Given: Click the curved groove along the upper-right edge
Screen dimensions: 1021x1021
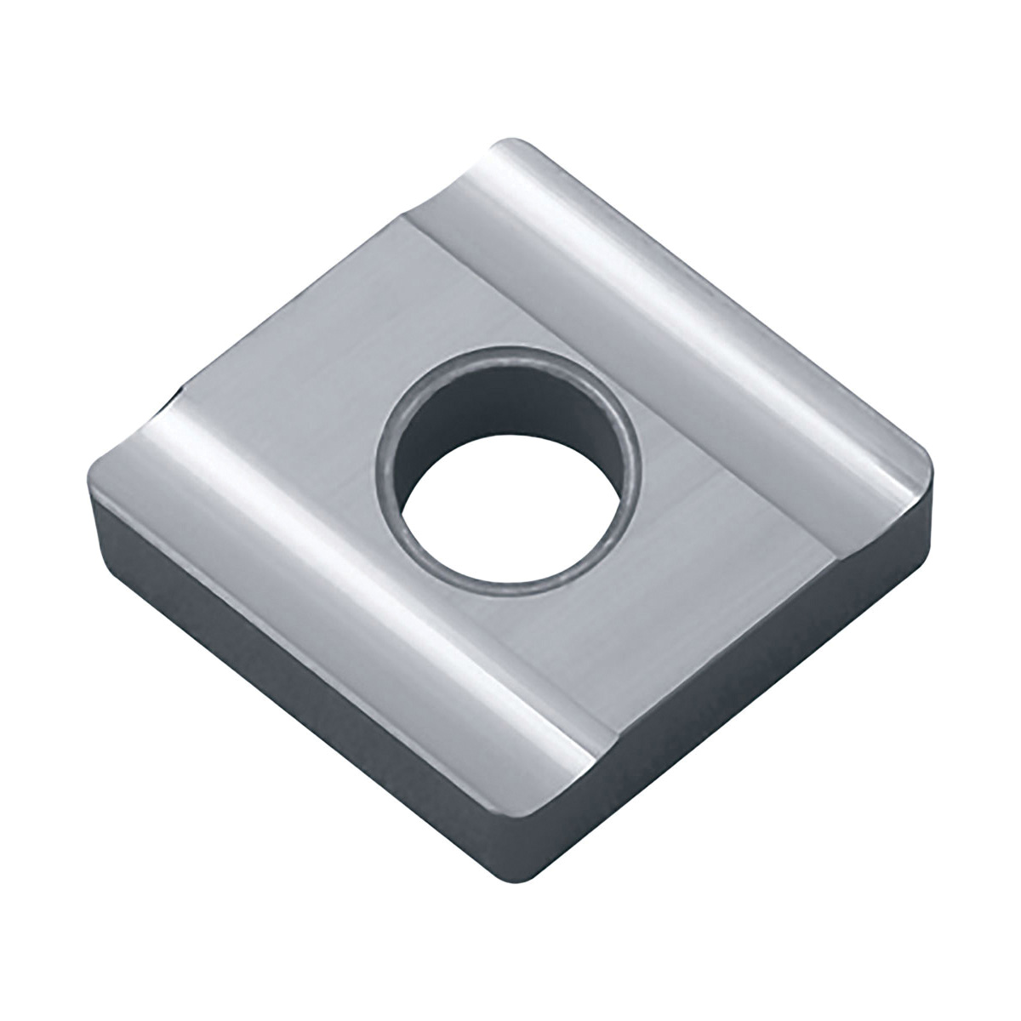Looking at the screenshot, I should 681,281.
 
